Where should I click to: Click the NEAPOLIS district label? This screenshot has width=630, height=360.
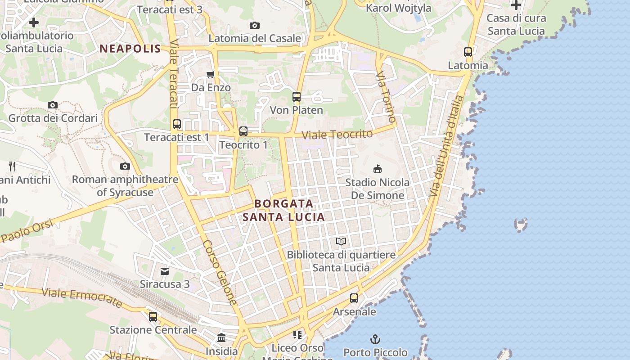click(x=130, y=49)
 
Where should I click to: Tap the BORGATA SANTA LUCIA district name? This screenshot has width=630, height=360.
click(x=283, y=210)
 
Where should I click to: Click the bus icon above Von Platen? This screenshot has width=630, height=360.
click(x=296, y=97)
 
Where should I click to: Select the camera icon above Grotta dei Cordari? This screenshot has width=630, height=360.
click(x=53, y=105)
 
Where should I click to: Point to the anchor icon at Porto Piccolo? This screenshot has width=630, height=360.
click(x=375, y=339)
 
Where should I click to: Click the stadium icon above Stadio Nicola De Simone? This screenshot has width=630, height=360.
click(x=377, y=169)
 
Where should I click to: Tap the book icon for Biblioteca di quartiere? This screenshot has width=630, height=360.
click(x=341, y=242)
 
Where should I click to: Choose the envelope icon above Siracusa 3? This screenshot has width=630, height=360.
click(x=165, y=271)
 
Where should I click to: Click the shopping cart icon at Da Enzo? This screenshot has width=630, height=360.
click(x=210, y=74)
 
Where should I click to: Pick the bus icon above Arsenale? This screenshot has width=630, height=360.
click(x=354, y=298)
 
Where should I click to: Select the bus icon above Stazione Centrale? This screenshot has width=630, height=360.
click(x=153, y=316)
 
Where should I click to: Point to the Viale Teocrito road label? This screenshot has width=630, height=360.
click(x=337, y=134)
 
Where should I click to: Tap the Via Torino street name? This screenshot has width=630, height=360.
click(x=387, y=97)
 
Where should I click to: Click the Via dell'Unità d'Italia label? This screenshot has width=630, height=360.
click(x=446, y=146)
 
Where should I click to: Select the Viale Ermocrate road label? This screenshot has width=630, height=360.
click(x=81, y=298)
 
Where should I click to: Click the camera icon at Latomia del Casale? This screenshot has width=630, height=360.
click(x=255, y=25)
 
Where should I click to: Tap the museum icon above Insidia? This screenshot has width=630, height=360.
click(x=221, y=337)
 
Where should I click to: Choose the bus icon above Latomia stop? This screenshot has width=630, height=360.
click(x=468, y=52)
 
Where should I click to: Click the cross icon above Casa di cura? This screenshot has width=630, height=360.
click(x=516, y=5)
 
